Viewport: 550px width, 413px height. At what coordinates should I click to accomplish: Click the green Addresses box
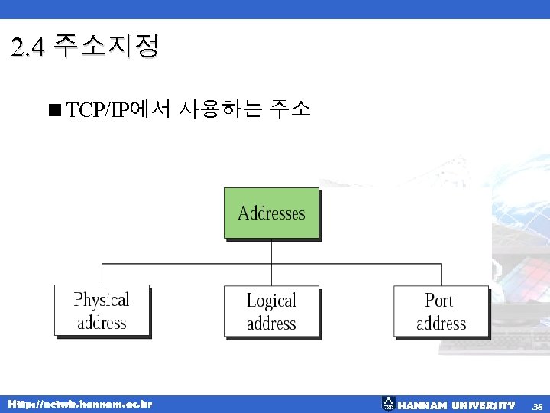tap(271, 213)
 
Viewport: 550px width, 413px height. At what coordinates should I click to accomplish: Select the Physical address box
tap(102, 311)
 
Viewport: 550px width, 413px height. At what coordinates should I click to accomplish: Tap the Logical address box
tap(271, 311)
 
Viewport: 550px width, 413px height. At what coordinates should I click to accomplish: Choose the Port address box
tap(441, 311)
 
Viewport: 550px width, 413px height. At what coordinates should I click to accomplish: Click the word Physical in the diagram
tap(102, 300)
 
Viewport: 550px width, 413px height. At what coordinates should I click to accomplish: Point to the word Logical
tap(271, 301)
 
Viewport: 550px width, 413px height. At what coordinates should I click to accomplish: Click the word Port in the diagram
tap(439, 301)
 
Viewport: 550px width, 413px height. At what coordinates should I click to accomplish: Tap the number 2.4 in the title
tap(29, 49)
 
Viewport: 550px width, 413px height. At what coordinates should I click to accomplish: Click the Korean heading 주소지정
tap(108, 47)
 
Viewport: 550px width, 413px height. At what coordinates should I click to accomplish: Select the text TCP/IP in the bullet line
tap(99, 111)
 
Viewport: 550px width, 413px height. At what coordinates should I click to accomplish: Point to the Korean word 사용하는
tap(220, 110)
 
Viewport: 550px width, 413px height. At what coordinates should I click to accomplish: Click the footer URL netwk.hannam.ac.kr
tap(79, 404)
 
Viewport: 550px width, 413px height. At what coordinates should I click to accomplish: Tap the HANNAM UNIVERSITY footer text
tap(457, 405)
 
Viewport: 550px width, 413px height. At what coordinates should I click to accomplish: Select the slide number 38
tap(537, 405)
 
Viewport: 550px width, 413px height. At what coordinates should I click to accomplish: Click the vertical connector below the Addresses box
tap(271, 252)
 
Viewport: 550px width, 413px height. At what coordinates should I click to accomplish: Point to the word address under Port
tap(441, 324)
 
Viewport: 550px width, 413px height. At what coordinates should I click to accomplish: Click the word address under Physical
tap(102, 323)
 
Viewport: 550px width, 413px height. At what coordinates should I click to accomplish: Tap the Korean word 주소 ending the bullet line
tap(290, 110)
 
